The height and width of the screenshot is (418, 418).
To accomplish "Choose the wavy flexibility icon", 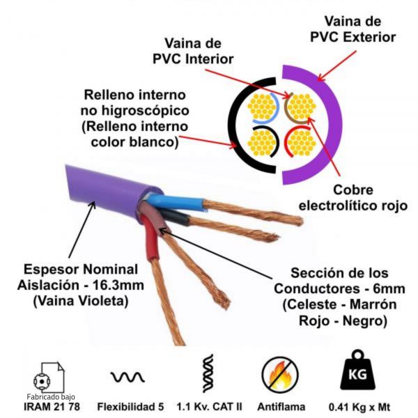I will click(127, 377).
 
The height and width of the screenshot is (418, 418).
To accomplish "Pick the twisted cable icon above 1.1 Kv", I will click(207, 374).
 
